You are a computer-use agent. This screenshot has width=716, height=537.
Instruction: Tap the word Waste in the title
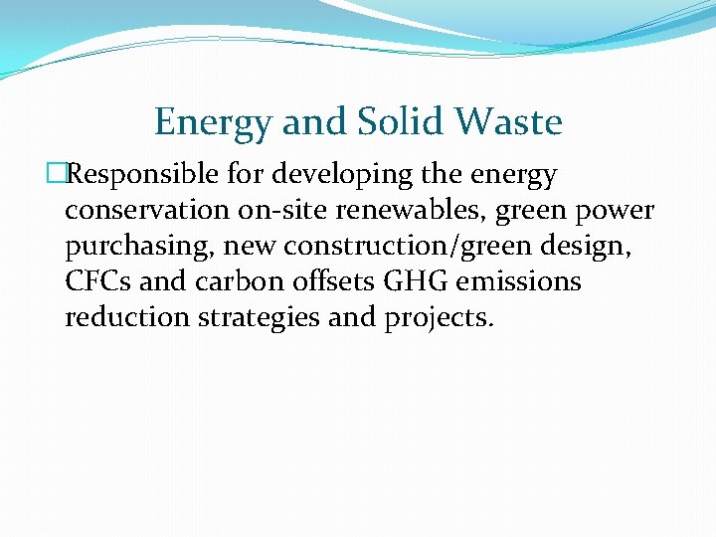coord(509,123)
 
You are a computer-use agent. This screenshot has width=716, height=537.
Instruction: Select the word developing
coord(348,175)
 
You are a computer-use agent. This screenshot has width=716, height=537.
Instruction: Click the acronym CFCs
coord(98,282)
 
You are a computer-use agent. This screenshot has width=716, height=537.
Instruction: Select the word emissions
coord(513,282)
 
